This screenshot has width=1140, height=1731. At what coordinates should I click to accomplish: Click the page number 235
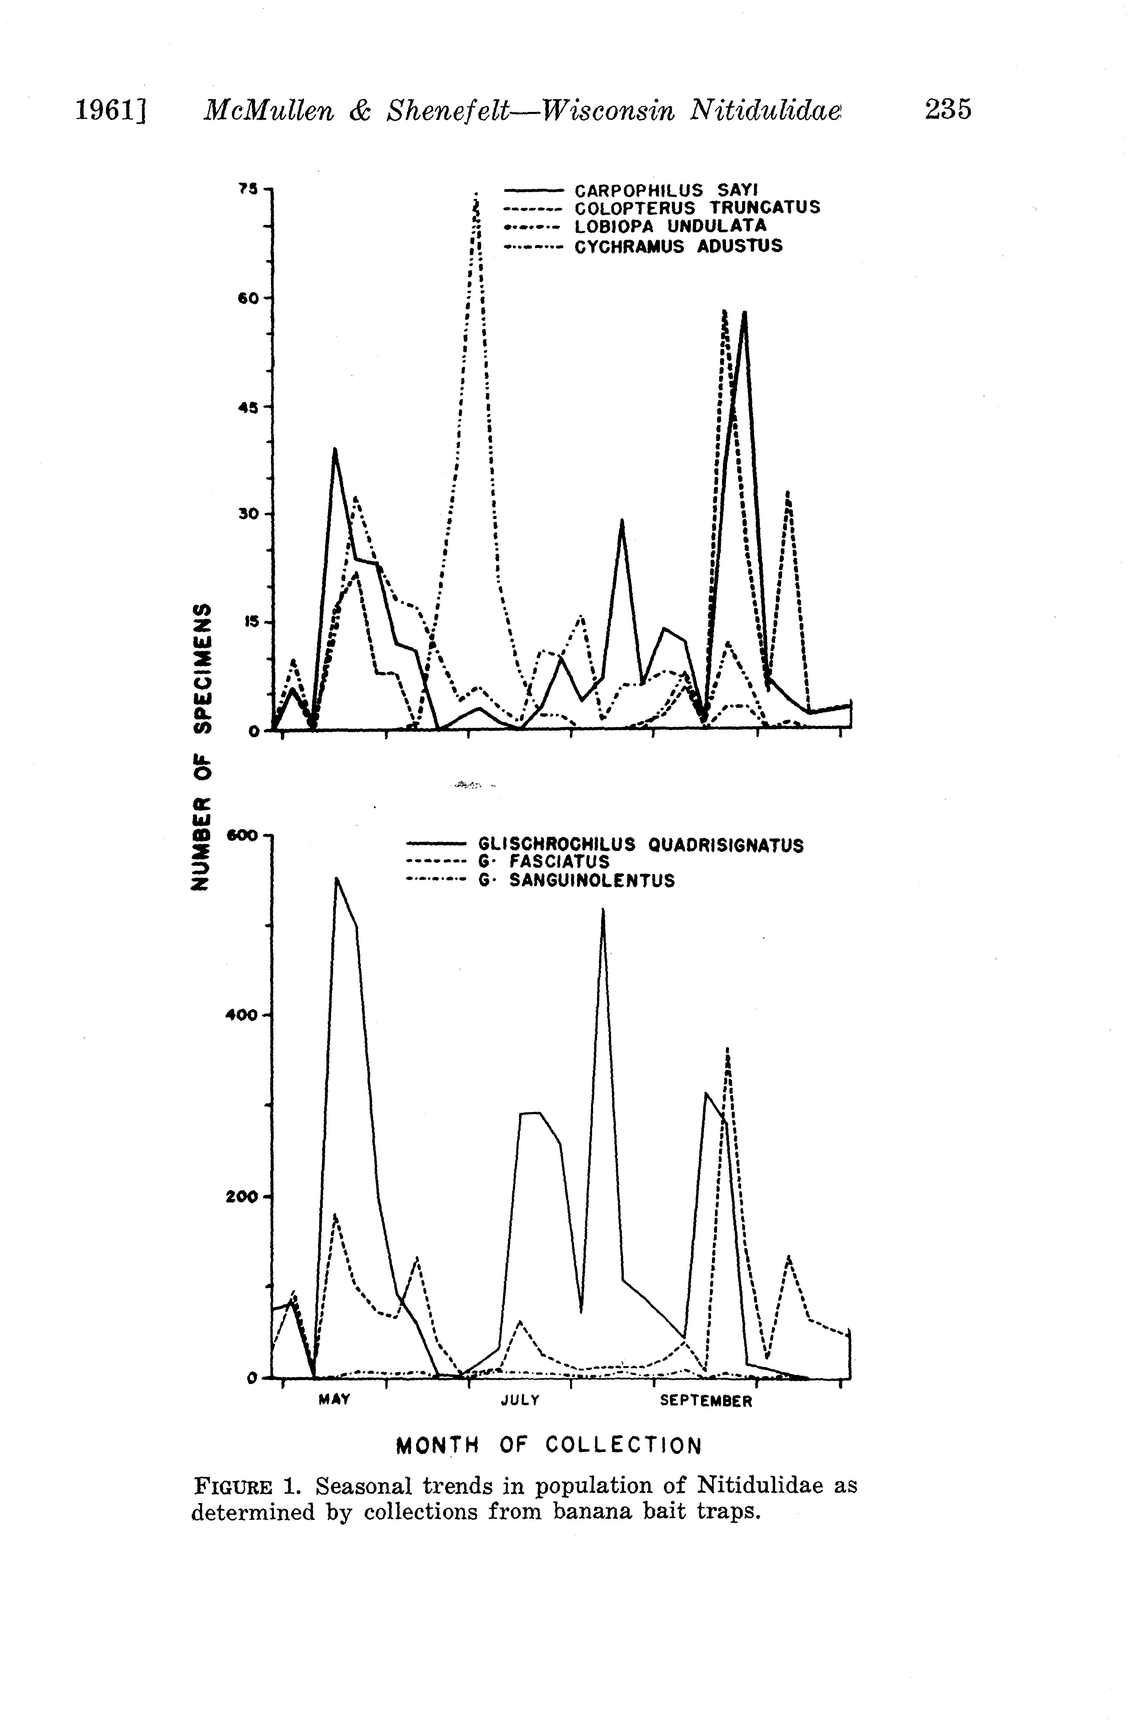947,110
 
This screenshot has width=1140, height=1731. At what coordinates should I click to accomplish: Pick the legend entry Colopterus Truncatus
697,208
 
